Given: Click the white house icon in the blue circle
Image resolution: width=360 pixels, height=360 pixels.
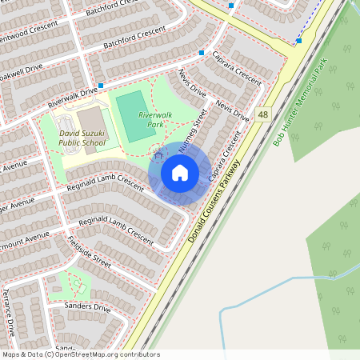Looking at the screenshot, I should [179, 173].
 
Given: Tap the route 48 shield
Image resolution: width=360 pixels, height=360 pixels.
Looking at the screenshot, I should [263, 116].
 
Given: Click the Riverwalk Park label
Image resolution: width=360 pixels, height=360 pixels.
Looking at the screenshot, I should [155, 120].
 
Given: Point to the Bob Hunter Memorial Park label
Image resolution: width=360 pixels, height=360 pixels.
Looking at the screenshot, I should [298, 102].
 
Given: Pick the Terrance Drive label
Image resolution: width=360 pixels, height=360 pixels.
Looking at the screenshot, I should [10, 312].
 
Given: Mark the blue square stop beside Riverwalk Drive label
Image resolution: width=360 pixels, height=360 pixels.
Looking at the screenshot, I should [101, 85].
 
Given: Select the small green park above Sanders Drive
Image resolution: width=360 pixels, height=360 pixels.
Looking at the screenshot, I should [70, 285].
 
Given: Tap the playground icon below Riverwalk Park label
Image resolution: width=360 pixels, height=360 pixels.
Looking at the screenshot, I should [157, 149].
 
